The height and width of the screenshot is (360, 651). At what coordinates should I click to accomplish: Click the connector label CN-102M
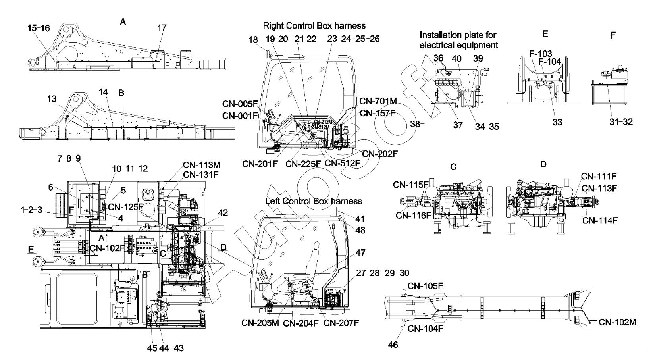click(617, 322)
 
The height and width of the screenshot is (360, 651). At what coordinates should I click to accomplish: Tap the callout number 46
click(393, 345)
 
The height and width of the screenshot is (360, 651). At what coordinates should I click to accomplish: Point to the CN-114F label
click(600, 220)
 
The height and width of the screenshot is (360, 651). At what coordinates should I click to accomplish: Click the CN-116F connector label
click(414, 215)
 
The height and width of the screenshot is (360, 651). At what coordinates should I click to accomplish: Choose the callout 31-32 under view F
click(621, 122)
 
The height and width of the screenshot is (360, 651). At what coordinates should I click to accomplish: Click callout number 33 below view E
click(557, 122)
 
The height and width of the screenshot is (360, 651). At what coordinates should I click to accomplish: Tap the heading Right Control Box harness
click(314, 26)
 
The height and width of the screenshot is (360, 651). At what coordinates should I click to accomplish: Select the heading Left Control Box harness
click(314, 201)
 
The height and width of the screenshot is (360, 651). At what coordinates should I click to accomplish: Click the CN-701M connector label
click(378, 101)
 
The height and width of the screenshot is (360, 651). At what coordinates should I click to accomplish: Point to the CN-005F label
click(240, 104)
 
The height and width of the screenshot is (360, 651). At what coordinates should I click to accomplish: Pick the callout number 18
click(253, 40)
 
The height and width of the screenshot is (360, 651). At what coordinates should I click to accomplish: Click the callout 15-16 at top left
click(39, 28)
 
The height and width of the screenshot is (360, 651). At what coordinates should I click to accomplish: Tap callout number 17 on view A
click(162, 28)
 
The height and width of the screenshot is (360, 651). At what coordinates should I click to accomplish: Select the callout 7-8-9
click(69, 158)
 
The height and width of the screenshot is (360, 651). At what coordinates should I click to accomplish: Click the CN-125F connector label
click(126, 206)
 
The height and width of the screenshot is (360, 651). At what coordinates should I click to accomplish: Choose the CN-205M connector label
click(260, 323)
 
